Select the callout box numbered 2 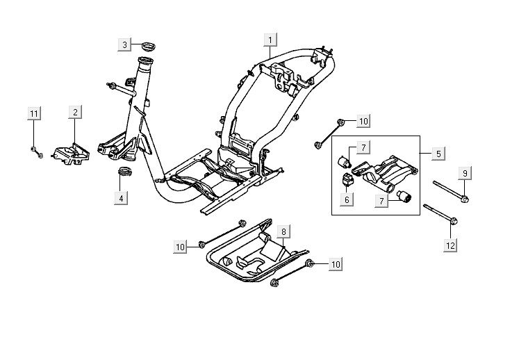click(74, 112)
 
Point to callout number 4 click(122, 198)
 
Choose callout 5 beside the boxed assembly click(439, 152)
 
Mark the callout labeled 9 click(466, 172)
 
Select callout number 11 click(33, 114)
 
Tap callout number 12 click(452, 245)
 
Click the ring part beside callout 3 click(147, 47)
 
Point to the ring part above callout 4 click(124, 171)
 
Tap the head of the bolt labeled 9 click(465, 200)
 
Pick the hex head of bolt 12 click(453, 222)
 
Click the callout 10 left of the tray click(181, 247)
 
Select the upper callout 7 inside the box click(362, 147)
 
